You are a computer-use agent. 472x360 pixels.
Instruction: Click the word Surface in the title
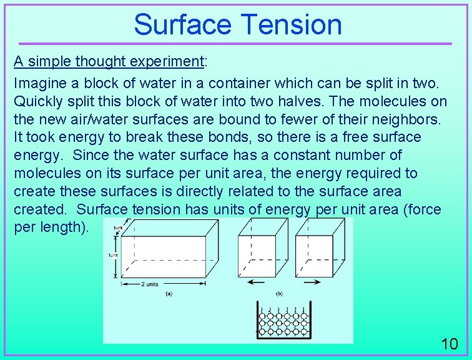pyautogui.click(x=182, y=24)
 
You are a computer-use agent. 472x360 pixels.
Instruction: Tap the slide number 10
pyautogui.click(x=449, y=344)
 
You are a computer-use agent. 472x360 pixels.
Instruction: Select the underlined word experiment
pyautogui.click(x=166, y=62)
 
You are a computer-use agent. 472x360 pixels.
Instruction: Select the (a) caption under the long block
pyautogui.click(x=169, y=293)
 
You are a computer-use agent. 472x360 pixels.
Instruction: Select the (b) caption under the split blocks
pyautogui.click(x=278, y=293)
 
